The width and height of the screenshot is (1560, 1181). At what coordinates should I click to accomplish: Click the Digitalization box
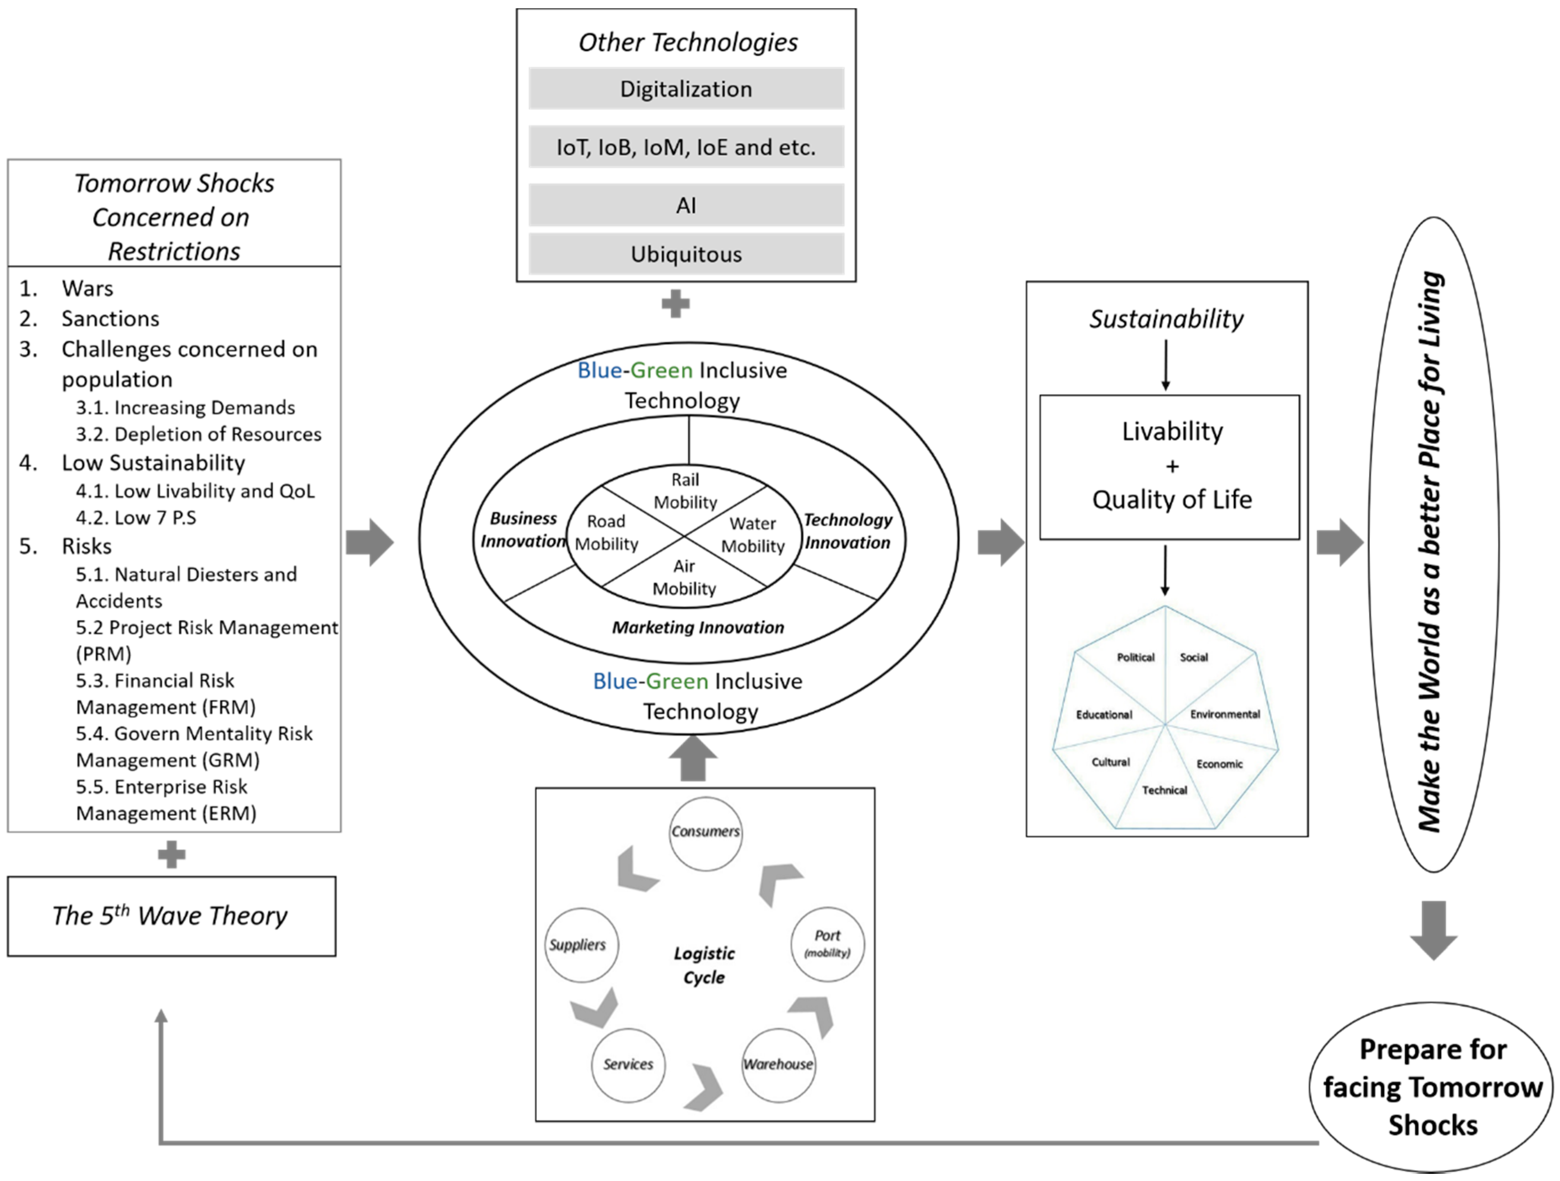pos(686,89)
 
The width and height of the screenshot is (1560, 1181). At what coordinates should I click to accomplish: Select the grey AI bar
pos(686,205)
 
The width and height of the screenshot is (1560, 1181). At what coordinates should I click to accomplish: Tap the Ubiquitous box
pos(686,254)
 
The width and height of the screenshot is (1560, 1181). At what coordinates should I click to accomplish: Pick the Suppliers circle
pos(581,945)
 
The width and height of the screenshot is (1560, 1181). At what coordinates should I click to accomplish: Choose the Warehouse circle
pos(779,1065)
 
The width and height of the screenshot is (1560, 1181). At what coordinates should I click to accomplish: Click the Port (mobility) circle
pos(828,945)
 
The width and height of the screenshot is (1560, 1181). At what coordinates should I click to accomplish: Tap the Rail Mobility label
pos(685,491)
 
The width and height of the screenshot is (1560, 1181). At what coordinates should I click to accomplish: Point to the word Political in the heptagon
pos(1136,657)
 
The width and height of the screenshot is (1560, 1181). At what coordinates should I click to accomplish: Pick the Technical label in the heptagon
pos(1165,790)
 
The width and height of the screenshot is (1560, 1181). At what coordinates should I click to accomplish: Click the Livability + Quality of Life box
pos(1169,468)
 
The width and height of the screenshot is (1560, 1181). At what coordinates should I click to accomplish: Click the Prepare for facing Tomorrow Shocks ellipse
pos(1432,1088)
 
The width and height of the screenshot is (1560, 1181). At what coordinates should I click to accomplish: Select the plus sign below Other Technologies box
pos(675,304)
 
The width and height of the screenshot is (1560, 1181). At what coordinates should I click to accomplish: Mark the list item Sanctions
pos(110,319)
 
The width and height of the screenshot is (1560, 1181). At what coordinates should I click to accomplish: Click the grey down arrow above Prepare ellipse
pos(1433,930)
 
